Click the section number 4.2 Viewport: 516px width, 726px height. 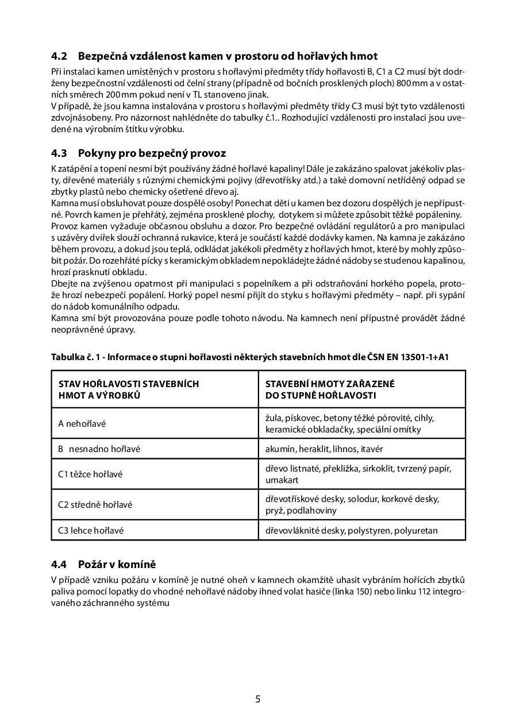coord(59,56)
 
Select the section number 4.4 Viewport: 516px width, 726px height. coord(59,565)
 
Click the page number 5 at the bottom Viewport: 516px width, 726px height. coord(257,699)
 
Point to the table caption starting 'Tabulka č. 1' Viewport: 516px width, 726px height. coord(250,357)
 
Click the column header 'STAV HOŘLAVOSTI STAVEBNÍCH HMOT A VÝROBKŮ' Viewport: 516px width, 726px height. coord(129,389)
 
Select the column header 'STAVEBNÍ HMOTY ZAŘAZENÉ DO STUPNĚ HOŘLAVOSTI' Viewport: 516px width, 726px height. coord(330,389)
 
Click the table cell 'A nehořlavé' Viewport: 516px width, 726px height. coord(82,424)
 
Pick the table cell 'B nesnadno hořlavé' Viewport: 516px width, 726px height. coord(99,449)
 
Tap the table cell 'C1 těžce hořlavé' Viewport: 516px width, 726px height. coord(90,474)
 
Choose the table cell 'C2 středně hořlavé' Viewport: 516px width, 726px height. coord(95,505)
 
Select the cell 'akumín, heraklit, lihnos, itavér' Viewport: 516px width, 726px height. coord(324,449)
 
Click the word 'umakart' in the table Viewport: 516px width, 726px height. coord(282,480)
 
